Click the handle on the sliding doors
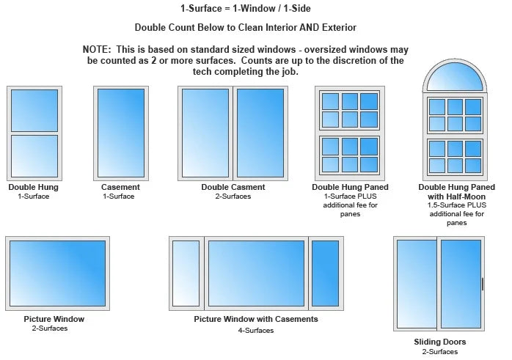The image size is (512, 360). coord(482,284)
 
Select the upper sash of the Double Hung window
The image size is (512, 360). coord(34,111)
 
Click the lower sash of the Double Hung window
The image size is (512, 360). coord(34,156)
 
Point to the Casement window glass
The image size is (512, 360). coord(121,133)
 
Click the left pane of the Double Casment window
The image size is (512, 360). coord(205,133)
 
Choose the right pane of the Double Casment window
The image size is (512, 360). coord(260,133)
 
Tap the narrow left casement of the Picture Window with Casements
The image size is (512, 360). coord(186,273)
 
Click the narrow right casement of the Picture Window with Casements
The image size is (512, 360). coord(325,273)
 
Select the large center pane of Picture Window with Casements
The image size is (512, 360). coord(256,273)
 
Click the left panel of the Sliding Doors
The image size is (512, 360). coord(417,284)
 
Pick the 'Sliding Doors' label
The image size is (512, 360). coord(440,342)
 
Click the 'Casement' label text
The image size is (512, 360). coord(120,187)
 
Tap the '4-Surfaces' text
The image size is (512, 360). coord(256,330)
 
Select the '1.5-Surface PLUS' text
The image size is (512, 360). coord(457,205)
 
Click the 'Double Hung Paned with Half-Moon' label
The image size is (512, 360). coord(457,191)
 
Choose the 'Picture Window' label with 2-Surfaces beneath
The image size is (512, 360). coord(54,319)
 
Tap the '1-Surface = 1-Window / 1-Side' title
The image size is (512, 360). coord(246,9)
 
